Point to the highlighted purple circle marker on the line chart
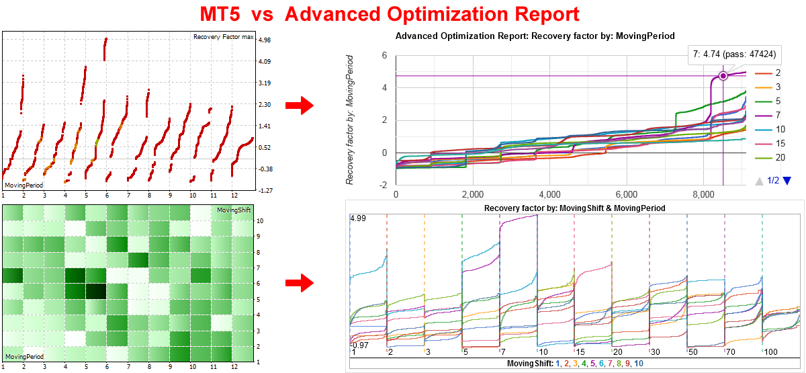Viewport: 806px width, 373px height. point(723,76)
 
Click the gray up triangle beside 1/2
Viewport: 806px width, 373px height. point(758,180)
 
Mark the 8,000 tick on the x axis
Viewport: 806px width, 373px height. point(703,194)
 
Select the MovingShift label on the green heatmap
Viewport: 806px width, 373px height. point(234,211)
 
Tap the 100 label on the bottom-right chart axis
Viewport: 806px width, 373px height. point(770,352)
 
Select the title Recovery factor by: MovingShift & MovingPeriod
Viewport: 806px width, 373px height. point(574,208)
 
